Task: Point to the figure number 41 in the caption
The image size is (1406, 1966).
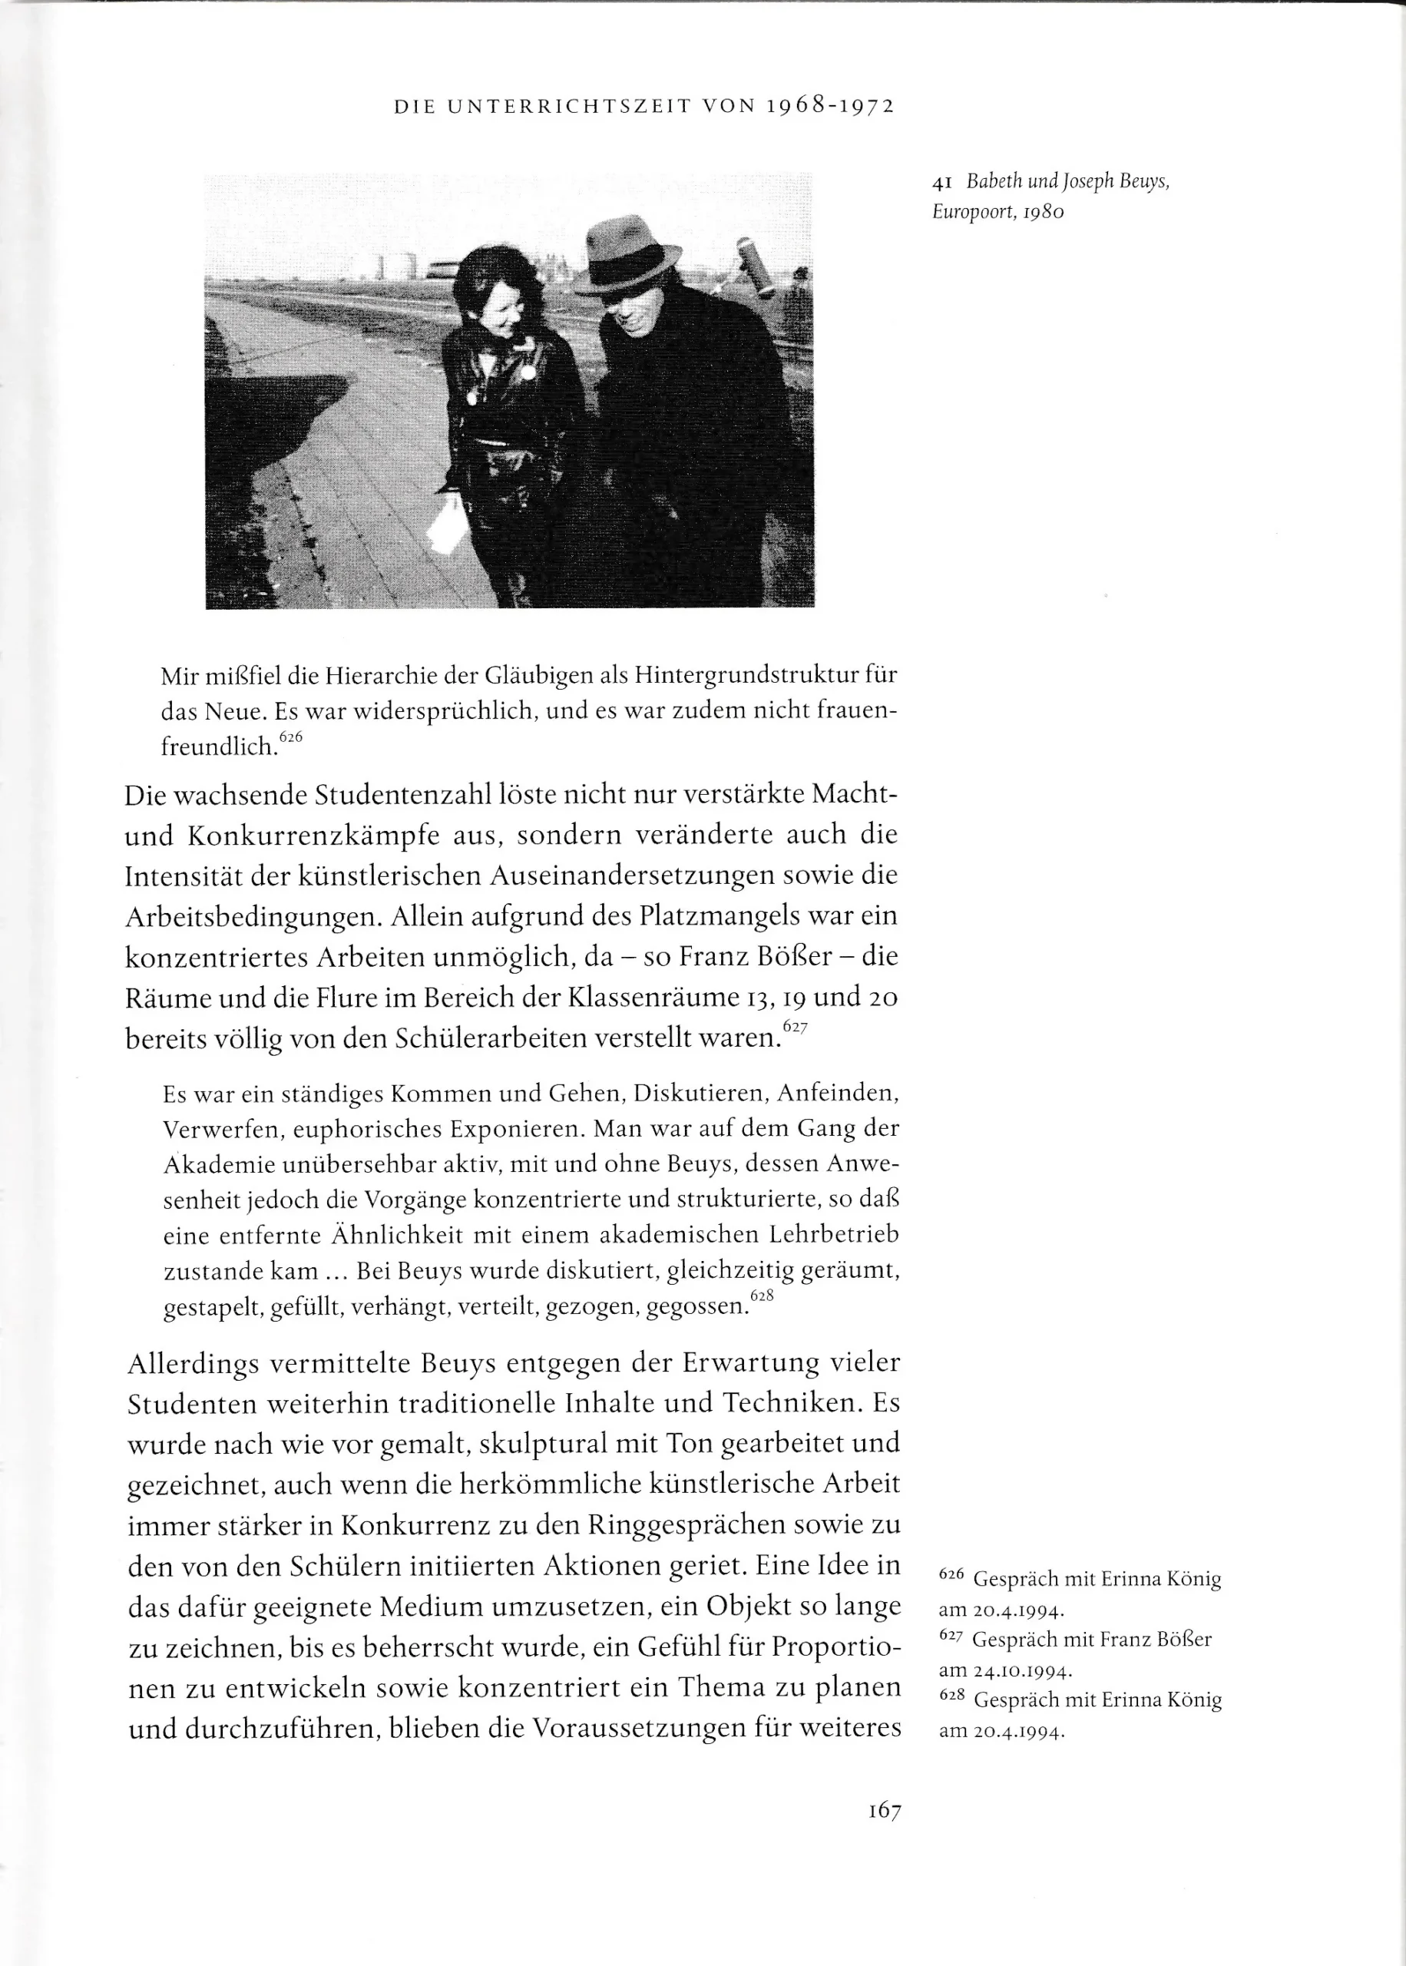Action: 943,183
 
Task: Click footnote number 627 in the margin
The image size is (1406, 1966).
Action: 951,1637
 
